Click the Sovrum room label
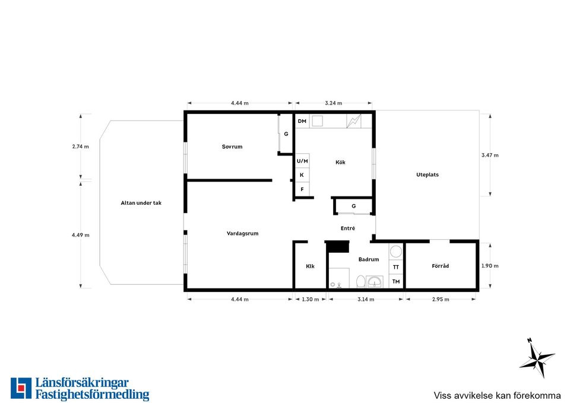pos(232,147)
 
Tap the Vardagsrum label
pos(242,233)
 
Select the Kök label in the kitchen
pos(340,162)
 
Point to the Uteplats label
pos(427,174)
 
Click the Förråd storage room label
pos(440,266)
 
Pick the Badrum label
pos(369,259)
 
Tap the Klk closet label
pos(310,266)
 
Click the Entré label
pos(347,229)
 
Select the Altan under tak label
pos(141,203)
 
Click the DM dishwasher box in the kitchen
pos(302,121)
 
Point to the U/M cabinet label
pos(302,161)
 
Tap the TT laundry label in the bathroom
pos(396,267)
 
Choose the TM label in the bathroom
pos(396,282)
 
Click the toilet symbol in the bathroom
pos(360,282)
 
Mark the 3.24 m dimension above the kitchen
pos(333,103)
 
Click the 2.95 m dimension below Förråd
pos(441,300)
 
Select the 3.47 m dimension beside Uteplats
pos(490,155)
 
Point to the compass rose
pos(537,357)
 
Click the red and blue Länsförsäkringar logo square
pos(21,388)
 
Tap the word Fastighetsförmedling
pos(93,394)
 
